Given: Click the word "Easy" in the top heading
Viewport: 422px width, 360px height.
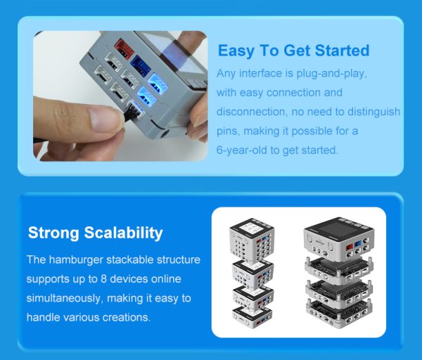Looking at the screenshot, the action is click(x=236, y=51).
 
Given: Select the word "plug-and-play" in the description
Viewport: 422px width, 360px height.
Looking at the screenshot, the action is click(x=331, y=73).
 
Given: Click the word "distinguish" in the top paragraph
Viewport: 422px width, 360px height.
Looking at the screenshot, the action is click(x=373, y=112).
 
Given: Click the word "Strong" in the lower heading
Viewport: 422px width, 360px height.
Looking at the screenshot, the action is click(x=53, y=233).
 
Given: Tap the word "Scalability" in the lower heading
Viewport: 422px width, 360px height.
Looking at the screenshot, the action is click(x=123, y=233).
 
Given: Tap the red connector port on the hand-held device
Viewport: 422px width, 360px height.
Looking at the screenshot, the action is click(x=124, y=49).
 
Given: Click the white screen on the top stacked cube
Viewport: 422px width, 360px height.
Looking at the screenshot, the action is click(x=252, y=229).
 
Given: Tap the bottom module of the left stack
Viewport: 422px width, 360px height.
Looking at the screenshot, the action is click(x=252, y=318).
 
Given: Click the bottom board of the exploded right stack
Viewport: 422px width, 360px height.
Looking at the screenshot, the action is click(x=339, y=314).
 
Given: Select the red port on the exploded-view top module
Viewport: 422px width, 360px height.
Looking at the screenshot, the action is click(x=350, y=247).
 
